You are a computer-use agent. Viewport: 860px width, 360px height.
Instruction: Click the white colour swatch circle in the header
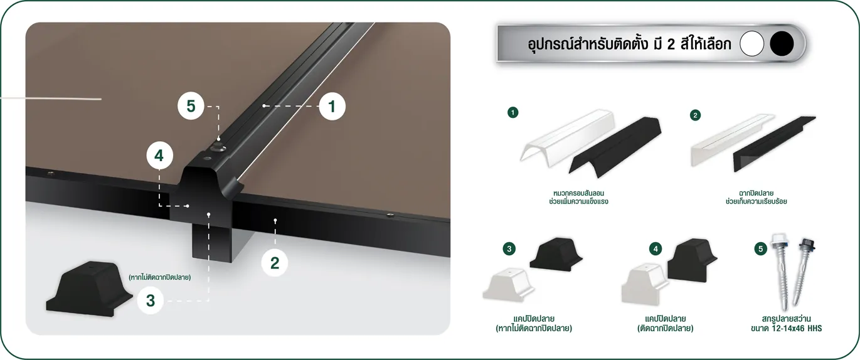(x=751, y=44)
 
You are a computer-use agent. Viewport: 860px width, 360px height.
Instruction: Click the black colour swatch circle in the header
(x=782, y=44)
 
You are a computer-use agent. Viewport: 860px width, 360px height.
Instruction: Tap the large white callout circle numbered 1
(x=332, y=107)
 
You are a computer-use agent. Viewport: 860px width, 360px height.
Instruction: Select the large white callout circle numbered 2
(x=275, y=263)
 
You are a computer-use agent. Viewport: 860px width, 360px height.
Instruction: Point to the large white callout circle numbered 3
(x=151, y=300)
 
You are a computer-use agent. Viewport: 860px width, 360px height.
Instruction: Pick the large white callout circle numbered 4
(x=159, y=156)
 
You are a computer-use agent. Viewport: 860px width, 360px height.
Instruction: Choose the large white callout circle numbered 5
(x=191, y=106)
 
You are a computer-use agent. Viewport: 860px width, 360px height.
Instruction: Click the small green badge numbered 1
(x=513, y=113)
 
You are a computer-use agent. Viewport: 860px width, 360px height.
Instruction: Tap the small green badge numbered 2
(x=695, y=115)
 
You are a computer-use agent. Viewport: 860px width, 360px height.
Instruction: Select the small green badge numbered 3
(x=509, y=249)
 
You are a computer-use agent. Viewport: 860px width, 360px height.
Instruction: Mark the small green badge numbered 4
(x=656, y=249)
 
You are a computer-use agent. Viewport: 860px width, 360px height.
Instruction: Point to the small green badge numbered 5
(x=761, y=249)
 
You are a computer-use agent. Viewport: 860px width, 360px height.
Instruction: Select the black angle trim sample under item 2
(x=775, y=144)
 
